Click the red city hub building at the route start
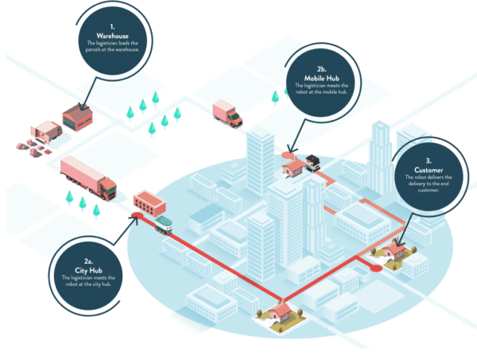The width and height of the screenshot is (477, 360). [148, 202]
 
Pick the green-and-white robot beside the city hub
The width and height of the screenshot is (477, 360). [164, 224]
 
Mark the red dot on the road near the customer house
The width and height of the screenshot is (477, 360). [374, 268]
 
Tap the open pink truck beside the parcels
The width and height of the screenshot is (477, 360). [46, 130]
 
